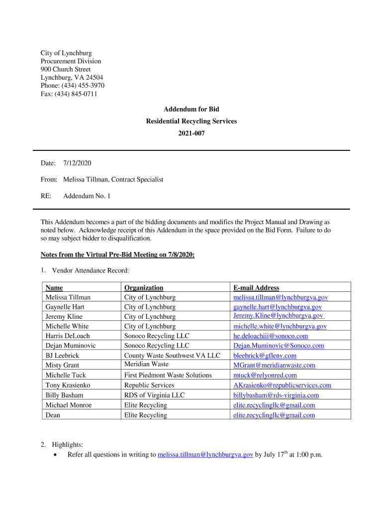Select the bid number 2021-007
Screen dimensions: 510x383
pyautogui.click(x=191, y=133)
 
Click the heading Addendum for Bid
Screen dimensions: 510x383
pyautogui.click(x=191, y=109)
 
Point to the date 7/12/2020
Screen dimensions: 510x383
pyautogui.click(x=77, y=163)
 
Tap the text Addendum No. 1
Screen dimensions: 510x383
pyautogui.click(x=87, y=196)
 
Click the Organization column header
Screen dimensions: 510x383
pyautogui.click(x=144, y=288)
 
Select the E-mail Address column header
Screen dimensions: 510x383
pyautogui.click(x=256, y=288)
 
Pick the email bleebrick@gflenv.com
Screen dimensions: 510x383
pyautogui.click(x=265, y=356)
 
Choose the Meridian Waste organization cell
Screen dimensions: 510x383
pyautogui.click(x=146, y=365)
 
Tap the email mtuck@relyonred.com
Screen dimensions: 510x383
pyautogui.click(x=265, y=375)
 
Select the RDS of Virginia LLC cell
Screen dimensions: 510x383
pyautogui.click(x=154, y=395)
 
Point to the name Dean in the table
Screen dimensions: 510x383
pyautogui.click(x=53, y=415)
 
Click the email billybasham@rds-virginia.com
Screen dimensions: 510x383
pyautogui.click(x=276, y=395)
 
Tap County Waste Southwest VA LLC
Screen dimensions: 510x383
pyautogui.click(x=172, y=356)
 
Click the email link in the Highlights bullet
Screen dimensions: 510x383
pyautogui.click(x=205, y=455)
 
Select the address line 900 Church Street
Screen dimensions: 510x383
pyautogui.click(x=66, y=69)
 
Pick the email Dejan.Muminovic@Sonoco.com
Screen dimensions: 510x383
pyautogui.click(x=279, y=346)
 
